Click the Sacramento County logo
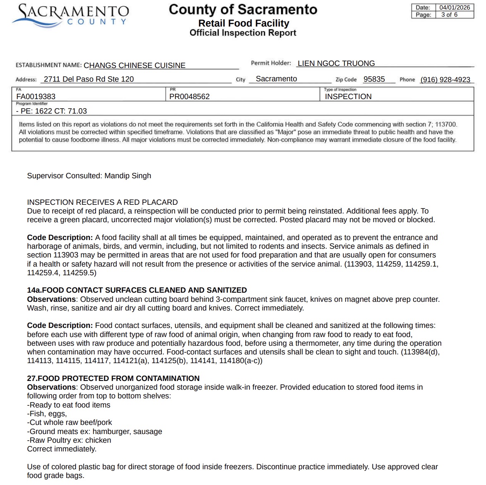[x=70, y=16]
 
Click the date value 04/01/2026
[x=455, y=7]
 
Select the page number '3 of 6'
[x=449, y=15]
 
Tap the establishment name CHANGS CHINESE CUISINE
[x=135, y=65]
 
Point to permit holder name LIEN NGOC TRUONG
[x=336, y=63]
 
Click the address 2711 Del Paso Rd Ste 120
[x=89, y=79]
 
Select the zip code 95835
[x=374, y=79]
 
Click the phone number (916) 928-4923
[x=445, y=80]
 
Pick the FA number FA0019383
[x=36, y=97]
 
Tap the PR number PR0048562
[x=189, y=97]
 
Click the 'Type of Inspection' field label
[x=340, y=90]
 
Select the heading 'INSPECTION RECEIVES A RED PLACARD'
[x=102, y=202]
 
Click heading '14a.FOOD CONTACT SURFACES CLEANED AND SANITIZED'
[x=137, y=290]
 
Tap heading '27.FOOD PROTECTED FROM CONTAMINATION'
[x=113, y=378]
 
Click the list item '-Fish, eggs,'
[x=47, y=414]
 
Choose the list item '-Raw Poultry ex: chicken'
[x=69, y=440]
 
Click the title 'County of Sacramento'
[x=243, y=10]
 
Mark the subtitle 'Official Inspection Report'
[x=243, y=33]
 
